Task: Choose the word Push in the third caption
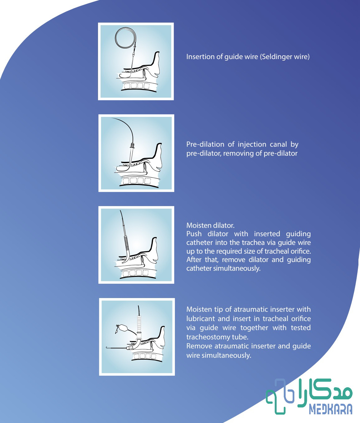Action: tap(194, 234)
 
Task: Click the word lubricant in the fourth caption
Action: tap(200, 319)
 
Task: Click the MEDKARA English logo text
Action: tap(331, 409)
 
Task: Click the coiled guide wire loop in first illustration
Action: tap(125, 38)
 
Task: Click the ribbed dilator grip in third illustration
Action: tap(127, 244)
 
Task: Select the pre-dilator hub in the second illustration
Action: tap(132, 146)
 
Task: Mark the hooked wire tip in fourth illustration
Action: tap(107, 347)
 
